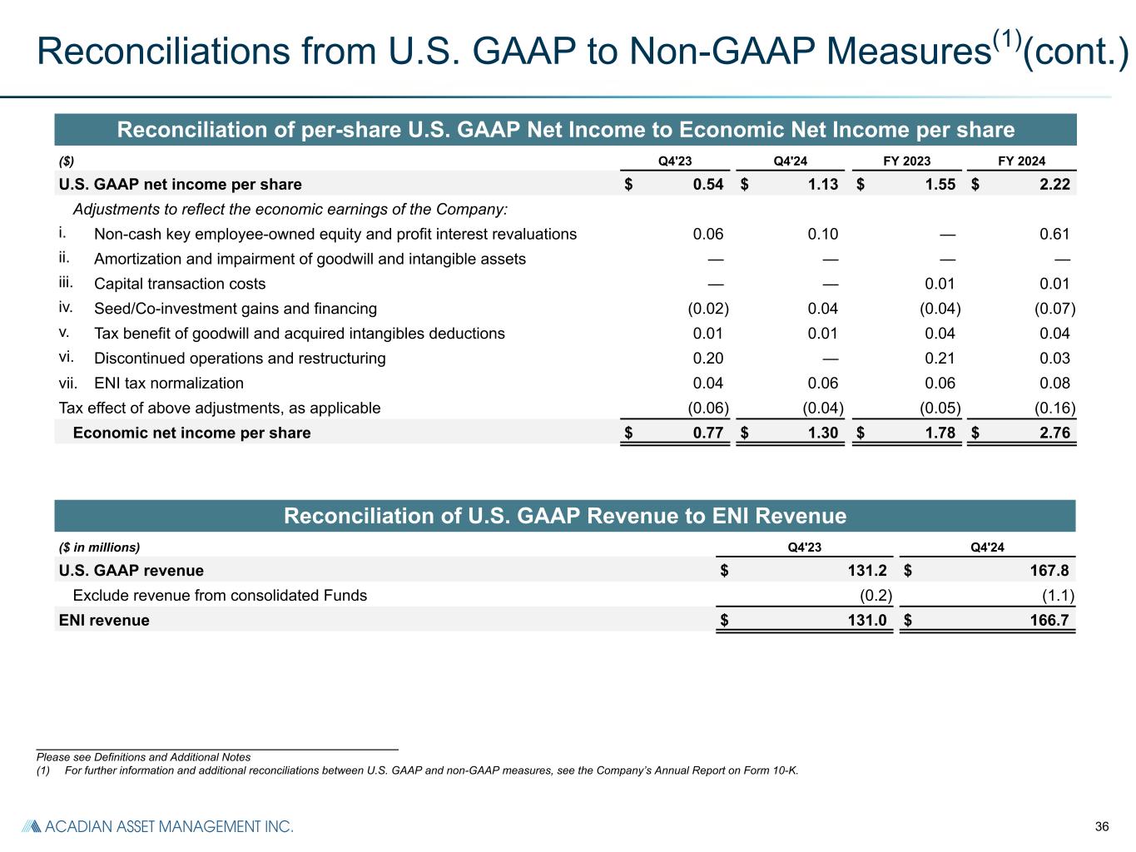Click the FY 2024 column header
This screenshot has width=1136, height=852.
[x=1021, y=161]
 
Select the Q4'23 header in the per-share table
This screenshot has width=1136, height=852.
[x=674, y=161]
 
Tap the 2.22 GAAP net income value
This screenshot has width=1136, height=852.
[x=1054, y=184]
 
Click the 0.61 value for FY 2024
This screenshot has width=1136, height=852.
[x=1054, y=234]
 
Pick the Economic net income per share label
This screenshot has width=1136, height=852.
[x=191, y=433]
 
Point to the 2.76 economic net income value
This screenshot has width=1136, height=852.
[x=1054, y=433]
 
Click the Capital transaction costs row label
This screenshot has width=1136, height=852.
[x=180, y=284]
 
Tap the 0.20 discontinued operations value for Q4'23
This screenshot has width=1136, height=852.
[x=708, y=359]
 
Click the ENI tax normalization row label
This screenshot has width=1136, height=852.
[x=169, y=384]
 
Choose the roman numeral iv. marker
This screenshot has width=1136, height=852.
[x=66, y=308]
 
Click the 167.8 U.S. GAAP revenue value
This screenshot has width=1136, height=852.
[x=1048, y=571]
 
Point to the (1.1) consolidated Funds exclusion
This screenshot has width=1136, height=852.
[x=1059, y=596]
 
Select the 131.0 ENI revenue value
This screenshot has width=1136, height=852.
[x=866, y=621]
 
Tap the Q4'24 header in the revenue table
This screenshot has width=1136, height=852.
[x=988, y=547]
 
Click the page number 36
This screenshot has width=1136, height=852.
[x=1102, y=827]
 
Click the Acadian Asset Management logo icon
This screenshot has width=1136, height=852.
[x=31, y=826]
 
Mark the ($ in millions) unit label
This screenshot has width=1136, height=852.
[x=99, y=547]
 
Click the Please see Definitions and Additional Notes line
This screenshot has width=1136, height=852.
[x=143, y=757]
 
